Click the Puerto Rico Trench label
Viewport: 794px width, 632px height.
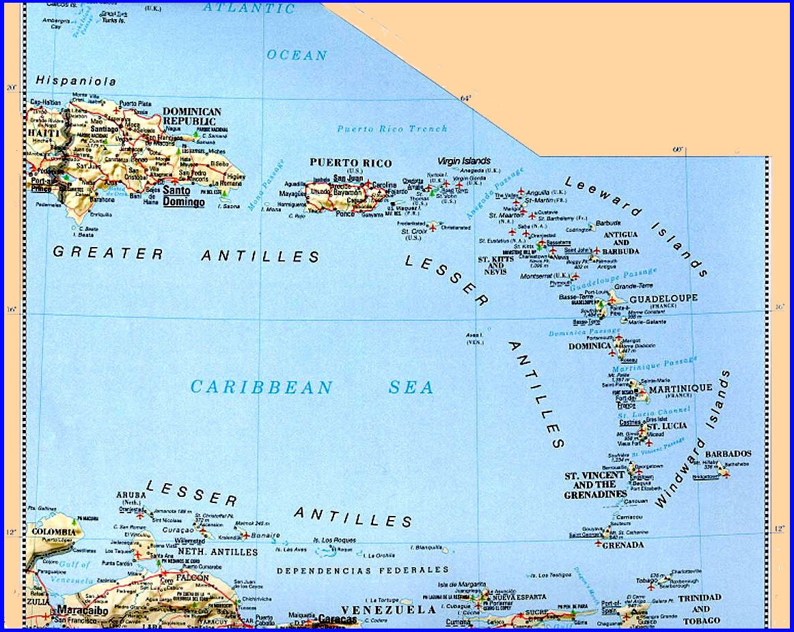(392, 128)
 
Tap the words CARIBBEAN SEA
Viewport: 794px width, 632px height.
(312, 388)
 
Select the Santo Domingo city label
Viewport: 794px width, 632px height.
(184, 197)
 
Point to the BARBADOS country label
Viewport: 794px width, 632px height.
(728, 454)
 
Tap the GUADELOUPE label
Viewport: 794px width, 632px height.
(663, 298)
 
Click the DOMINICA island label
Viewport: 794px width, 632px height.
(590, 346)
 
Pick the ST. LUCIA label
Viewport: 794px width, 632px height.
(666, 427)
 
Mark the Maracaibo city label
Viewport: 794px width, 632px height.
(83, 609)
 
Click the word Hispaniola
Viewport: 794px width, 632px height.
(76, 81)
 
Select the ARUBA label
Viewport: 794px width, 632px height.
(132, 495)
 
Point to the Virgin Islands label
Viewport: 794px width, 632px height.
(463, 161)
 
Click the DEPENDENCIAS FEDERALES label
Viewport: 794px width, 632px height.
(362, 570)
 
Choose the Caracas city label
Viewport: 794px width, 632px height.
(337, 620)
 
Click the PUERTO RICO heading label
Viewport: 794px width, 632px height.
(351, 163)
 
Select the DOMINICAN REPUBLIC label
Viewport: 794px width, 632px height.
(192, 116)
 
